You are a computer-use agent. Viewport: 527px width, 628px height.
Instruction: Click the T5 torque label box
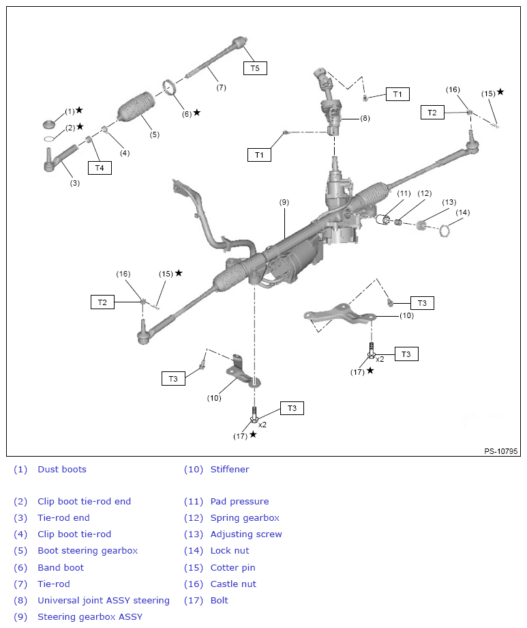point(255,68)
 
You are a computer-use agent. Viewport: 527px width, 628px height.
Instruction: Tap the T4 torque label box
point(99,167)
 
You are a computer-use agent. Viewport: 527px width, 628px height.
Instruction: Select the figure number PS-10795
point(501,451)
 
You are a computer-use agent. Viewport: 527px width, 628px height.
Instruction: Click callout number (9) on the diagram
point(284,202)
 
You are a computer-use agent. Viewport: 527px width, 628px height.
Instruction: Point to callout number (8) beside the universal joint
point(365,118)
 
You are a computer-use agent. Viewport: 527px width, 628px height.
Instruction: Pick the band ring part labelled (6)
point(170,89)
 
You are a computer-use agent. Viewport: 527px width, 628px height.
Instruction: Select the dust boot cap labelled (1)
point(48,124)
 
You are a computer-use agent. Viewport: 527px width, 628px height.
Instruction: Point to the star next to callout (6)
point(197,112)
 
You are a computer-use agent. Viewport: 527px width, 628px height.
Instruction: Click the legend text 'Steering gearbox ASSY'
point(90,616)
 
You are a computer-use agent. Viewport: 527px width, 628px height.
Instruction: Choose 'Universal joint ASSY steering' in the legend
point(103,600)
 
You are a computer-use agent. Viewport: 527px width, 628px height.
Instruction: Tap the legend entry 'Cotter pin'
point(232,567)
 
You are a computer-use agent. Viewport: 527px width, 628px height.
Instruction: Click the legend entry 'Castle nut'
point(233,584)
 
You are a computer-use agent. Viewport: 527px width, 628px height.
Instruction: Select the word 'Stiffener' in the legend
point(230,469)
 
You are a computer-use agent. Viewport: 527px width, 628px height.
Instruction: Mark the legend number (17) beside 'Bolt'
point(192,600)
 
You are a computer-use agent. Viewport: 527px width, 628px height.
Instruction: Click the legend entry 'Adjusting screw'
point(245,534)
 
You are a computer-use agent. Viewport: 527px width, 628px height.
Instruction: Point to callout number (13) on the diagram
point(449,202)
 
